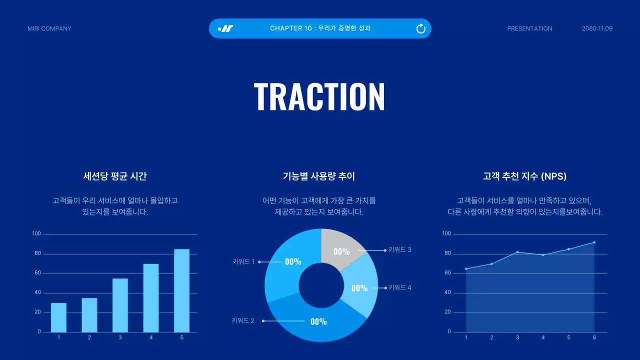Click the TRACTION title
coord(319,96)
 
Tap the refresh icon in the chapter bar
coord(421,28)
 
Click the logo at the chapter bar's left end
coord(225,28)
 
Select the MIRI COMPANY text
coord(49,28)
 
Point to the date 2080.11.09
coord(597,28)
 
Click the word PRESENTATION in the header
coord(529,28)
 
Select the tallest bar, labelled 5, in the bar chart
coord(181,290)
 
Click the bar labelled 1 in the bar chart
coord(58,317)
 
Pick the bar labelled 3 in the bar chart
coord(120,305)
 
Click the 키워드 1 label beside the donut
coord(243,261)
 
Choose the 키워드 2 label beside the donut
coord(243,321)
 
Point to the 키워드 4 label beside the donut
coord(400,287)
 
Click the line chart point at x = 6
coord(594,242)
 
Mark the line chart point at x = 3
coord(517,252)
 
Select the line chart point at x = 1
coord(466,269)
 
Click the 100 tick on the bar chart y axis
coord(36,233)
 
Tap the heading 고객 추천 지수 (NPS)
coord(524,176)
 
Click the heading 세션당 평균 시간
coord(115,176)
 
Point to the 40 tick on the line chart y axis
coord(447,292)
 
